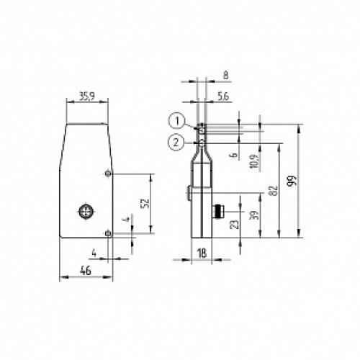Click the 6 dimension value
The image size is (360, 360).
tap(233, 155)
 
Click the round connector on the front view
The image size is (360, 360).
tap(86, 212)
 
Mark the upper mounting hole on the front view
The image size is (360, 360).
tap(108, 174)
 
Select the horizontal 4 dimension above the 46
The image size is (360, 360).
tap(94, 251)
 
